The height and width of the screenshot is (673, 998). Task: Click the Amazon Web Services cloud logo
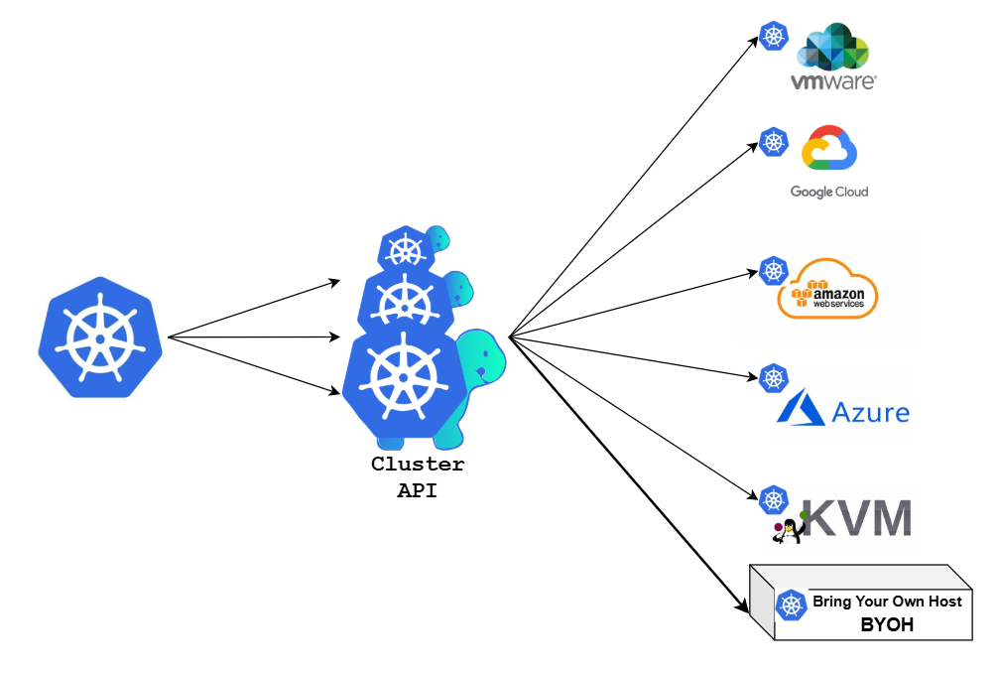(x=829, y=289)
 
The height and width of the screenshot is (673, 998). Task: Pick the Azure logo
(x=843, y=408)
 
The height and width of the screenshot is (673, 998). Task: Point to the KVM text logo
(x=855, y=518)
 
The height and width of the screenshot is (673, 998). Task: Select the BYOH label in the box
(x=887, y=625)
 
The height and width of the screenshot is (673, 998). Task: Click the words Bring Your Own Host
(x=887, y=602)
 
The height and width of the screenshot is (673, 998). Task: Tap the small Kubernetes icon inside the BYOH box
(x=791, y=605)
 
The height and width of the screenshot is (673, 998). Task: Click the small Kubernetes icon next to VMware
(x=773, y=37)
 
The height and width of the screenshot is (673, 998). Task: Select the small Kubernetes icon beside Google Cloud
(x=773, y=142)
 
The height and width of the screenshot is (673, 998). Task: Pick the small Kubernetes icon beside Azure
(x=773, y=377)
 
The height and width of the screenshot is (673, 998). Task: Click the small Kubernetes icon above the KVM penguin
(x=773, y=499)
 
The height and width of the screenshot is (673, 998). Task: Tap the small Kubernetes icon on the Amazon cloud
(x=773, y=270)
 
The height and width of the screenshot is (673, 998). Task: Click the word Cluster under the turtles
(x=417, y=464)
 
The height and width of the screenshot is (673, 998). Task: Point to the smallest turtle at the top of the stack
(x=413, y=247)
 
